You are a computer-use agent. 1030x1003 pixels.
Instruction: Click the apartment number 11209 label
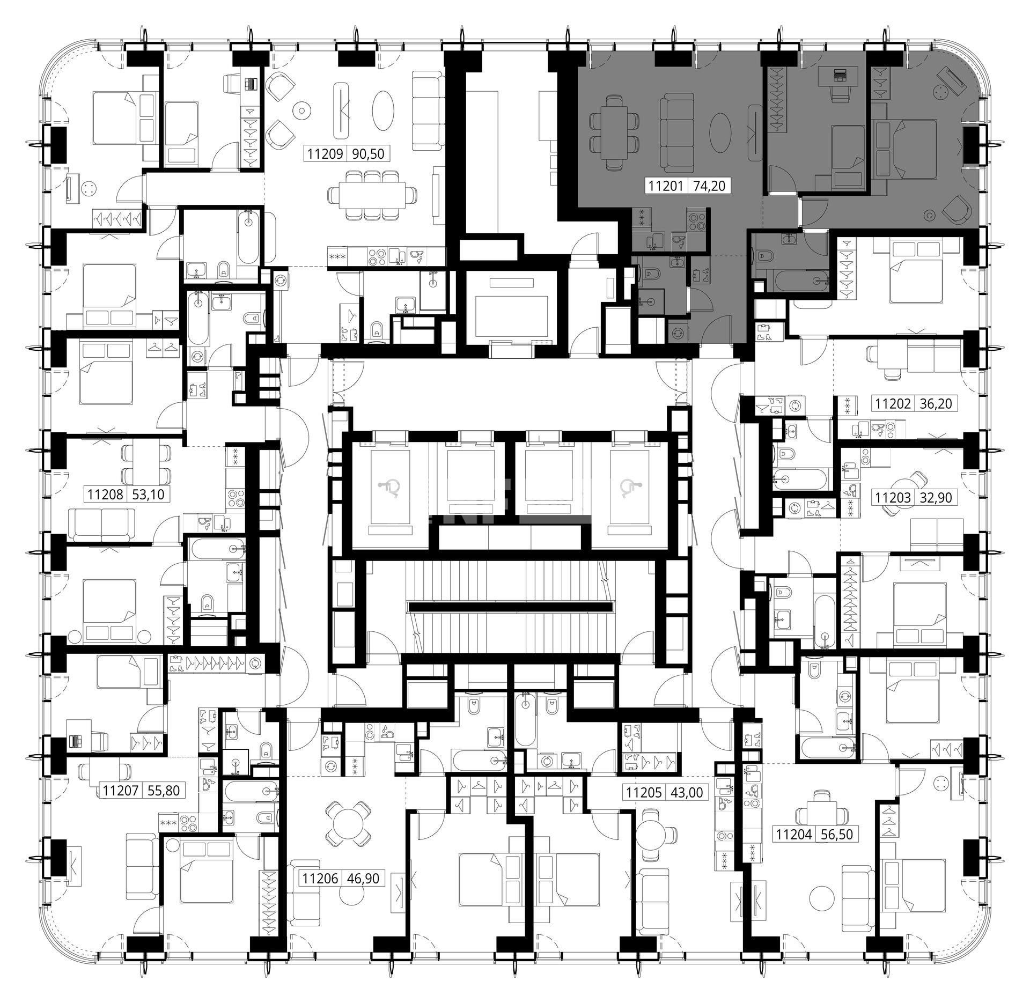tap(325, 154)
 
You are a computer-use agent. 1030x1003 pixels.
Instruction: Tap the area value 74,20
tap(710, 186)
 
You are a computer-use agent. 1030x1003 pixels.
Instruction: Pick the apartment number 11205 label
tap(642, 792)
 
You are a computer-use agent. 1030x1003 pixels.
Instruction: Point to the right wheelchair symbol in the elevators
tap(628, 489)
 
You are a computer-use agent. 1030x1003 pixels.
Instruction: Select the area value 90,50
tap(368, 154)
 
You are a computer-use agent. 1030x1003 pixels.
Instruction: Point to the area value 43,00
tap(685, 792)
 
